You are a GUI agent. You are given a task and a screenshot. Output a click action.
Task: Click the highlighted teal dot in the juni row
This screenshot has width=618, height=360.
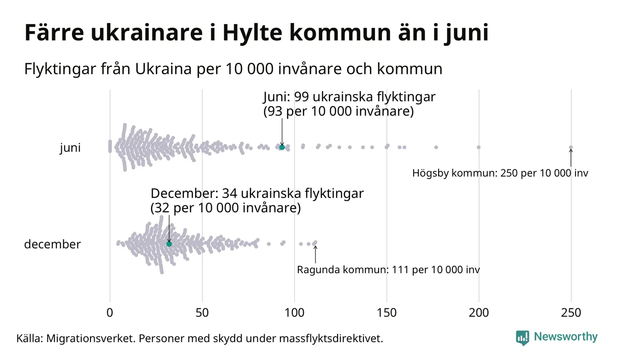tap(282, 147)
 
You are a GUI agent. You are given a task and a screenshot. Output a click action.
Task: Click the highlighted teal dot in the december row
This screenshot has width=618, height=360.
tap(169, 244)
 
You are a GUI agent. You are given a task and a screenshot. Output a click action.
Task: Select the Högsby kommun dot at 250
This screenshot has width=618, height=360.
tap(571, 148)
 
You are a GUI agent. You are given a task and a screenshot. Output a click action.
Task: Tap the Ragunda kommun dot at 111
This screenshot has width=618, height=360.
tap(315, 242)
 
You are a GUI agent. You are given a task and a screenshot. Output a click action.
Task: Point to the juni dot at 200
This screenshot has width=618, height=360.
tap(479, 147)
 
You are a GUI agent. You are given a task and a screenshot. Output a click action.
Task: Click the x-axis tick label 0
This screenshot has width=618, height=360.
tap(110, 313)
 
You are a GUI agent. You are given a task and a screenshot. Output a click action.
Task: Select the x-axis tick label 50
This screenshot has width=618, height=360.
tap(202, 313)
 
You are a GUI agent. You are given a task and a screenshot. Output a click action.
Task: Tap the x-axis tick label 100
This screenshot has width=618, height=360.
tap(294, 313)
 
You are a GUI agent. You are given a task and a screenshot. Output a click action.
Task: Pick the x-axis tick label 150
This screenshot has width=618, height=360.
tap(386, 313)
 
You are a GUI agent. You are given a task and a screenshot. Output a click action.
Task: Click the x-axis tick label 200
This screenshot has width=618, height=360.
tap(479, 313)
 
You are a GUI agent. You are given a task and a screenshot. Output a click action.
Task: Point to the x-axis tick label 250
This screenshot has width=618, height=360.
tap(571, 313)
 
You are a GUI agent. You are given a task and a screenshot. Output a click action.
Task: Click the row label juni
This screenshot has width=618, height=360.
tap(70, 148)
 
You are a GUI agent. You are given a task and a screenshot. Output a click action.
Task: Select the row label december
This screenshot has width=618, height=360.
tap(52, 244)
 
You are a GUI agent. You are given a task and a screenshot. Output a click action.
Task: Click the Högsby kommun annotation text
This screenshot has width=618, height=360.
tap(500, 174)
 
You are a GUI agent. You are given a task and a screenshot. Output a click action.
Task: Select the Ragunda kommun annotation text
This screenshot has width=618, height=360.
tap(388, 270)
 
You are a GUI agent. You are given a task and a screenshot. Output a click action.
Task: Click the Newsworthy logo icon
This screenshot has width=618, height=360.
tap(523, 337)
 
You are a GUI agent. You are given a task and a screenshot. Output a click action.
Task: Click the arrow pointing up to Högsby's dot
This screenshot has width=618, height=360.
tap(571, 158)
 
